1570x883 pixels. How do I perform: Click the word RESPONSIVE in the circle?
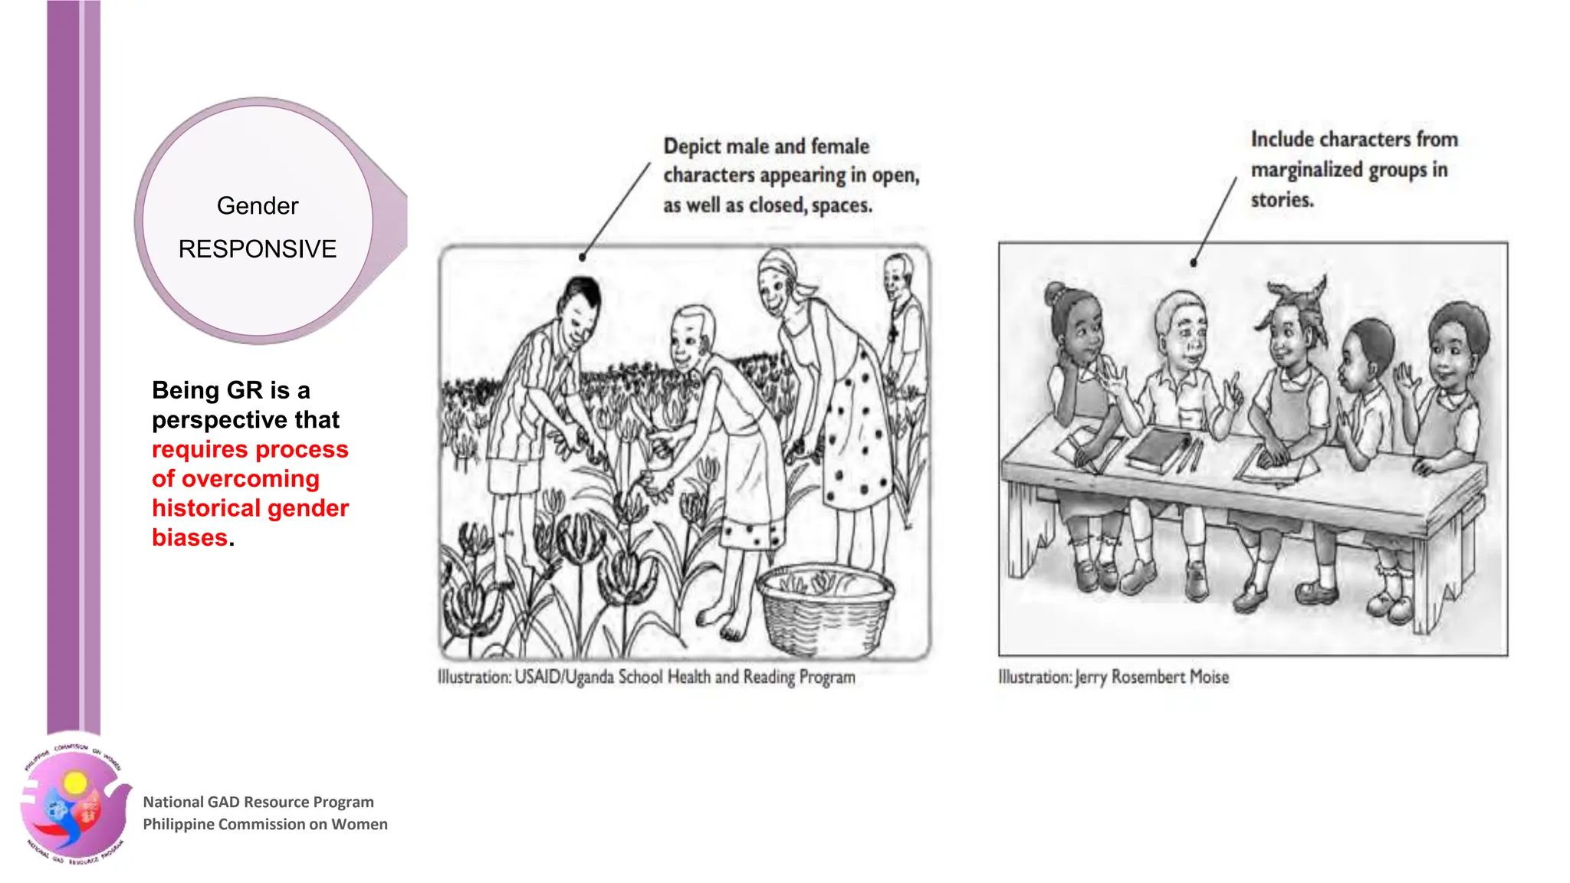pyautogui.click(x=258, y=249)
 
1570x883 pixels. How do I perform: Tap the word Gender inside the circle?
pyautogui.click(x=258, y=206)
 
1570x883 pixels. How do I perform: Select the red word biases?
pyautogui.click(x=190, y=537)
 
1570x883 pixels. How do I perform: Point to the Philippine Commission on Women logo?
pyautogui.click(x=74, y=802)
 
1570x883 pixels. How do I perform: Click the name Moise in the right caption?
pyautogui.click(x=1210, y=678)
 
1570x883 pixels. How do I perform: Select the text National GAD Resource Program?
pyautogui.click(x=258, y=802)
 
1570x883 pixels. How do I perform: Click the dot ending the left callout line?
pyautogui.click(x=583, y=258)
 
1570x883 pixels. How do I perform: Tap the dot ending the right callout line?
pyautogui.click(x=1194, y=263)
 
